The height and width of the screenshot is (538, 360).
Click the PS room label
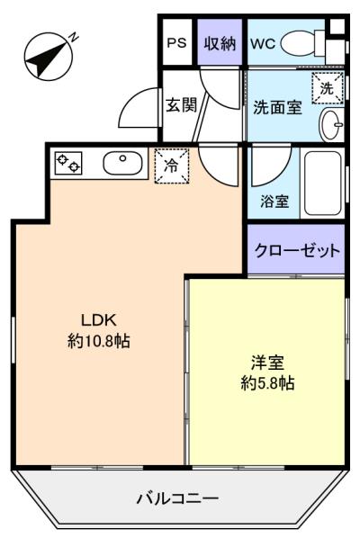point(176,43)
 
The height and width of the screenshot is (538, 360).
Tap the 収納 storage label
point(220,43)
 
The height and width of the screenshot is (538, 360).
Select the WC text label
point(263,43)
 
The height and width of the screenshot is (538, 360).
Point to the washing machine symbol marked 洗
point(327,88)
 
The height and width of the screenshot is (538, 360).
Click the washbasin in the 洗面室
point(331,124)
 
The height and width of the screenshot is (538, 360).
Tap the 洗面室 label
point(277,107)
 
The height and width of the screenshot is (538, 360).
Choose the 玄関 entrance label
point(182,104)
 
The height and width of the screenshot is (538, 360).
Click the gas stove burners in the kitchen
point(68,163)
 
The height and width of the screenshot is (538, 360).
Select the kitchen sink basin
point(123,164)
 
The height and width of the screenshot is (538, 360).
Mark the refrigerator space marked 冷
point(171,166)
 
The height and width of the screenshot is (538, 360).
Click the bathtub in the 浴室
point(322,184)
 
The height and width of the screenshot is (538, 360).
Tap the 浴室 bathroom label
point(274,201)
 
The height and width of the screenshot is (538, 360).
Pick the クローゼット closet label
point(297,250)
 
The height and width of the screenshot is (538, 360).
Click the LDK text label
point(99,320)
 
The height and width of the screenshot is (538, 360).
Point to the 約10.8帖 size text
point(99,341)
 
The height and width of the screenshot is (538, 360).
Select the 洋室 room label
point(267,363)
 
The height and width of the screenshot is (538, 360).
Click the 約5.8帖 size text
point(267,383)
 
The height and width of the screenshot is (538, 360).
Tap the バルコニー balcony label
point(177,498)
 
